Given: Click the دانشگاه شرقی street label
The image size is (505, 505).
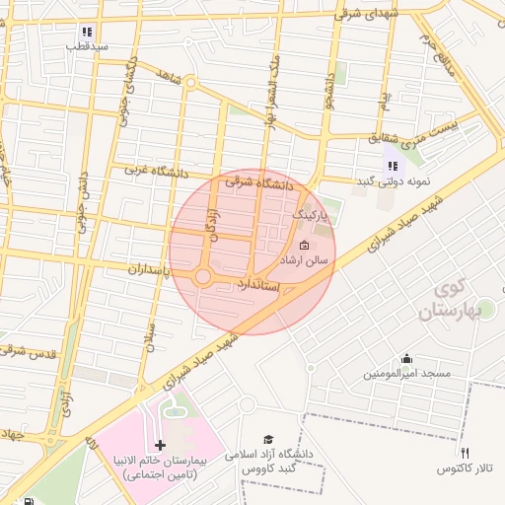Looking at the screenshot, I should click(x=259, y=182).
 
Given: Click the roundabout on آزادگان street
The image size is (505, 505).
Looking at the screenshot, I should click(x=203, y=277).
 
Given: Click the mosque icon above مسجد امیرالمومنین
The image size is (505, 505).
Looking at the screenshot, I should click(x=405, y=358).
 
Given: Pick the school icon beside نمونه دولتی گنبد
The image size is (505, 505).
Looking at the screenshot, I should click(x=392, y=166).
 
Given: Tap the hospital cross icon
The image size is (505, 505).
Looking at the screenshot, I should click(x=161, y=446).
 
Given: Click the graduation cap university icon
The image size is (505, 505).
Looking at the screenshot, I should click(x=268, y=439).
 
